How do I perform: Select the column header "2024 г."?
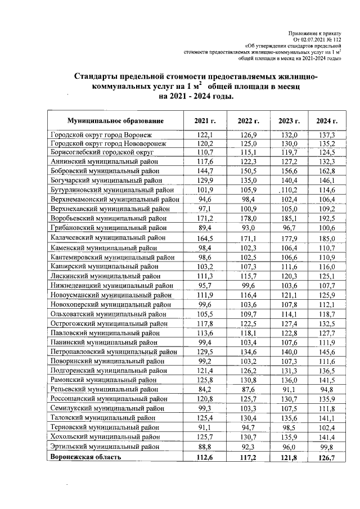(x=326, y=121)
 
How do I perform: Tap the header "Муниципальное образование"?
(x=115, y=121)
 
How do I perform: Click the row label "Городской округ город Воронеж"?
(x=101, y=135)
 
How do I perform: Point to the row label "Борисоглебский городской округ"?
(x=102, y=152)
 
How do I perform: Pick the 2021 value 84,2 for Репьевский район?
(x=205, y=389)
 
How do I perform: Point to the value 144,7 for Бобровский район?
(x=205, y=171)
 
